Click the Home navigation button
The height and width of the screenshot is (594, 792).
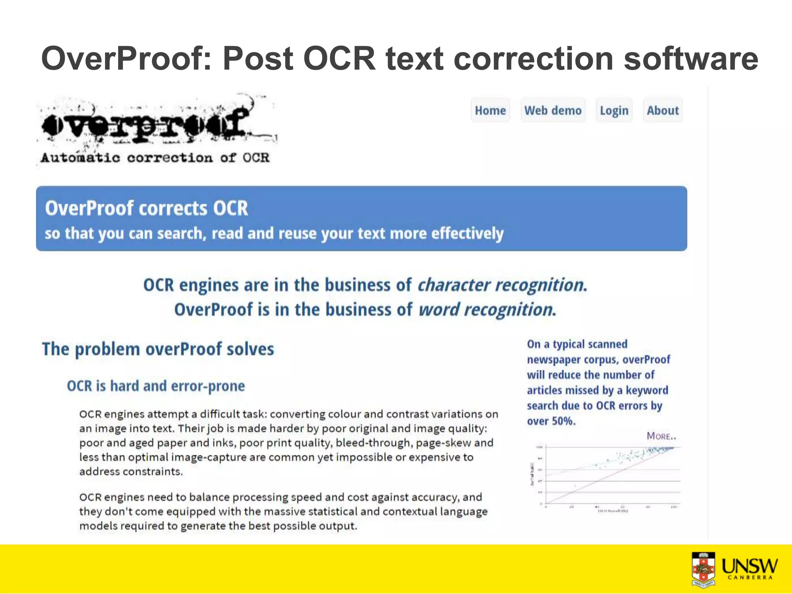490,111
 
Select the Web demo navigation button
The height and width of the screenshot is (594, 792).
553,111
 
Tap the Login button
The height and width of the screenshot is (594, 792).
614,111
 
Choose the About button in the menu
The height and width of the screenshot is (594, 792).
662,111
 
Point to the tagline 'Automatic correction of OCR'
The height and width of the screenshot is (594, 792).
155,158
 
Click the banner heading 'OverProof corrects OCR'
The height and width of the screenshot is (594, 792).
146,208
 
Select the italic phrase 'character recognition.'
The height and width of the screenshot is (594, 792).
502,285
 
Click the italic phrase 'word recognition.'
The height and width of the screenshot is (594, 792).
487,310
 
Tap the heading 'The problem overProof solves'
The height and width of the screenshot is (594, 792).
158,349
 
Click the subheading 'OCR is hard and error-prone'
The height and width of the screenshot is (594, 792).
156,386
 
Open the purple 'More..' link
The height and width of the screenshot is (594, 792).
661,436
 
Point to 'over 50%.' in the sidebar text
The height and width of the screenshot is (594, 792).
551,421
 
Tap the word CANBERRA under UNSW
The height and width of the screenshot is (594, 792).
749,578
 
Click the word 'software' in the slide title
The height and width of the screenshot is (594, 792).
691,59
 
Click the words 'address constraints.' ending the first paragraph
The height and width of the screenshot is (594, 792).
131,472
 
